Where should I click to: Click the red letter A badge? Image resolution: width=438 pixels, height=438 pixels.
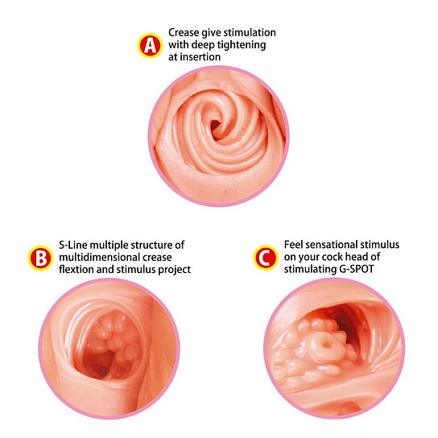pos(150,46)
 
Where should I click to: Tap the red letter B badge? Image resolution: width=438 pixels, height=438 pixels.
pos(40,258)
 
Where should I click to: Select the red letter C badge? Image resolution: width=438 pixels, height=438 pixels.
pos(266,258)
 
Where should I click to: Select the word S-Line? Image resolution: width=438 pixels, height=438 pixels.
pos(73,245)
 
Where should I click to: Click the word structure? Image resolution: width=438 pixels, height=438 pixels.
pos(151,245)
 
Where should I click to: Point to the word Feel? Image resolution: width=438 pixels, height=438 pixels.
pos(293,245)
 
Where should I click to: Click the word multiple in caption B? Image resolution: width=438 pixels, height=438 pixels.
pos(109,246)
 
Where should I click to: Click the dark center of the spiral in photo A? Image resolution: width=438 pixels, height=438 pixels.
pos(214,126)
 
